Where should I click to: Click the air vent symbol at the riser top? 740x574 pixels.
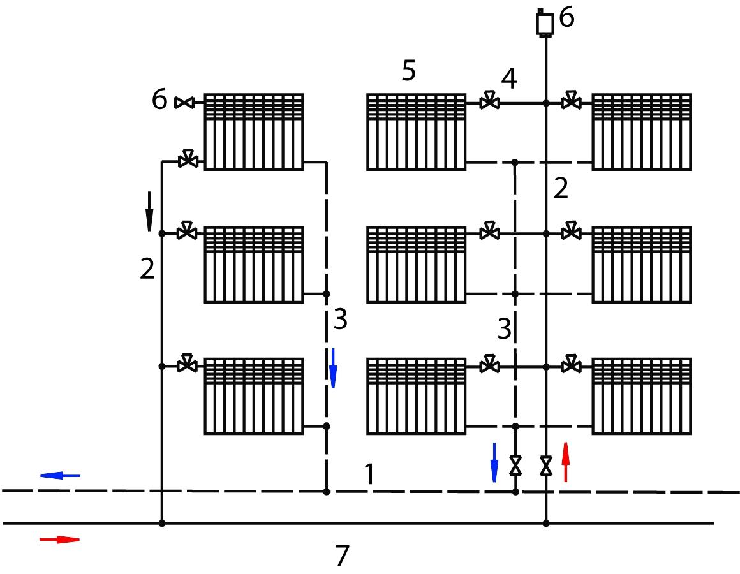[x=545, y=23]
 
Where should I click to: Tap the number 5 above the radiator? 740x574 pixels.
[x=409, y=71]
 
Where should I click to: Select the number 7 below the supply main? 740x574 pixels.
[x=343, y=555]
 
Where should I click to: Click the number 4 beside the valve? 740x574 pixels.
[x=509, y=78]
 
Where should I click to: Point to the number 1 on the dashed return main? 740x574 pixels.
[x=369, y=474]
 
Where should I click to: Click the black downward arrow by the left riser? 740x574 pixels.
[x=150, y=211]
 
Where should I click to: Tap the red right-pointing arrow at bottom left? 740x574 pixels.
[x=59, y=540]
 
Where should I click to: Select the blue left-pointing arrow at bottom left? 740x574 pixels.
[x=60, y=475]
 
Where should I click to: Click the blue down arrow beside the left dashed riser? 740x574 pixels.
[x=333, y=369]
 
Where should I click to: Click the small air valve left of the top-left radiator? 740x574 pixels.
[x=184, y=102]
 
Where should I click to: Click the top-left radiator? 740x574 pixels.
[x=254, y=131]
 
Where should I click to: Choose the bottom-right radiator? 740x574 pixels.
[x=642, y=396]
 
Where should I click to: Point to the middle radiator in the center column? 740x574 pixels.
[x=417, y=265]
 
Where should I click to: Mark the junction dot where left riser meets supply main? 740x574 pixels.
[x=162, y=524]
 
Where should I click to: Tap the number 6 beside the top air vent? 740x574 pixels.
[x=566, y=17]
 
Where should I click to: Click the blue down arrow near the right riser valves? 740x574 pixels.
[x=494, y=462]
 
